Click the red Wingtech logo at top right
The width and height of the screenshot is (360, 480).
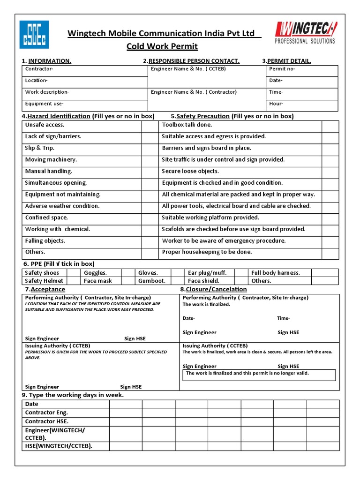[x=304, y=33]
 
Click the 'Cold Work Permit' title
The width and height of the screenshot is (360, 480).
[x=162, y=46]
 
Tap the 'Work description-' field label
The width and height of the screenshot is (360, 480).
[x=47, y=92]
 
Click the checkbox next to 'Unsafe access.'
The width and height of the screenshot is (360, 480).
[x=150, y=125]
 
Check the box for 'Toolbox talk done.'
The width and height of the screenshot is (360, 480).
[x=330, y=125]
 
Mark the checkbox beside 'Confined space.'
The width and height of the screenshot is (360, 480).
[x=150, y=218]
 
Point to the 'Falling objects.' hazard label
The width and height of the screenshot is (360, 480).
[x=45, y=241]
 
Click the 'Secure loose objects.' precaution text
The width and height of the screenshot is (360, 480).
[x=190, y=172]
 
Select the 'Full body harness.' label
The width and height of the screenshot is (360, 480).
[x=275, y=273]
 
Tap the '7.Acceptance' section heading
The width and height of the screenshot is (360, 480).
[x=45, y=289]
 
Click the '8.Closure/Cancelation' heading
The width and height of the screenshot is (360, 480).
[x=213, y=289]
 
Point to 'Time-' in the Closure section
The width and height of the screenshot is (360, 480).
[x=283, y=318]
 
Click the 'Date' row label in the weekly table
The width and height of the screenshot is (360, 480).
[x=32, y=404]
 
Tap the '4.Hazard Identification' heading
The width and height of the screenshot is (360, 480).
[x=56, y=116]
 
